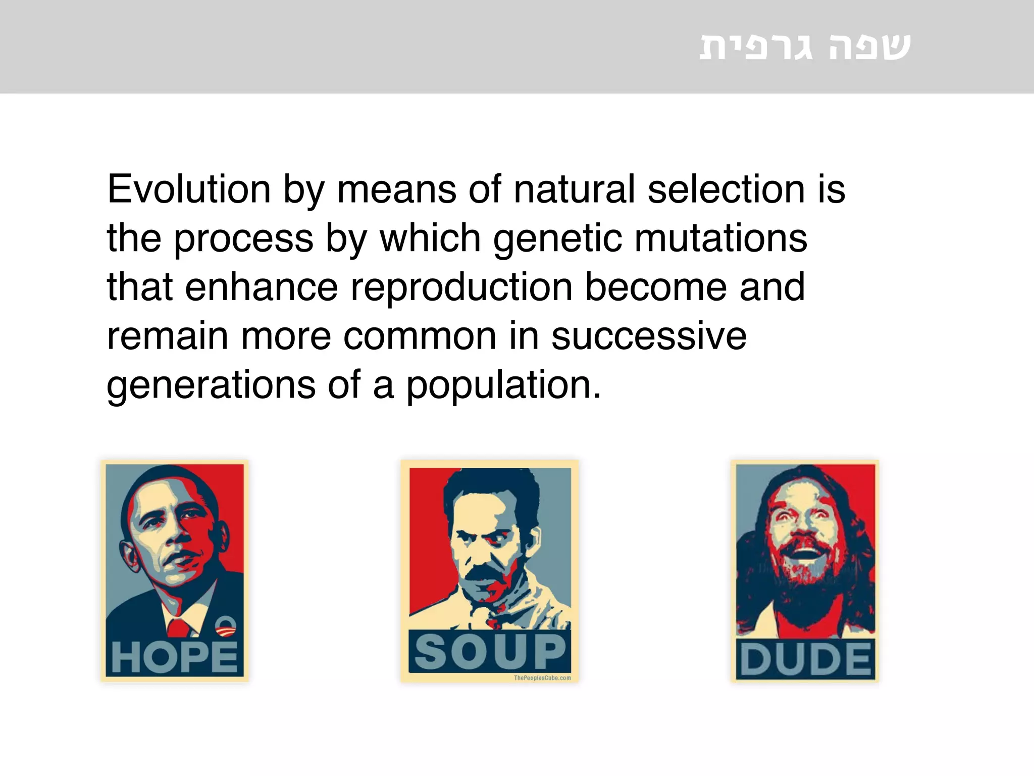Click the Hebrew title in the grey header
pyautogui.click(x=805, y=46)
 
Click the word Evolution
pyautogui.click(x=189, y=189)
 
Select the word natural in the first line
pyautogui.click(x=574, y=189)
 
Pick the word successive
pyautogui.click(x=649, y=336)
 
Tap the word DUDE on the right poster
pyautogui.click(x=805, y=659)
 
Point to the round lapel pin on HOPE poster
pyautogui.click(x=225, y=626)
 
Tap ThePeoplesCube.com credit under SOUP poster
pyautogui.click(x=542, y=678)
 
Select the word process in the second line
pyautogui.click(x=243, y=238)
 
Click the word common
pyautogui.click(x=420, y=336)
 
